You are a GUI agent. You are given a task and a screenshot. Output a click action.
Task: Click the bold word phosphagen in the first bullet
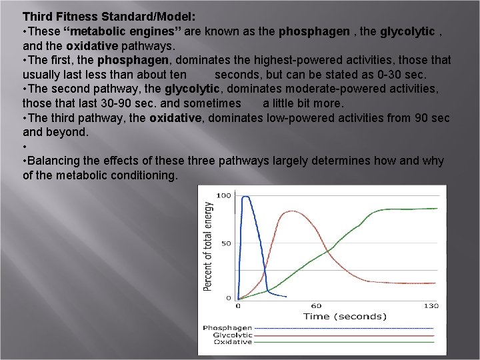point(313,31)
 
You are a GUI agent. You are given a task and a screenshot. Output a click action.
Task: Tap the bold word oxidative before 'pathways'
point(92,46)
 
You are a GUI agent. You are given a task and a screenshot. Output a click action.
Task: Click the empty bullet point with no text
point(25,147)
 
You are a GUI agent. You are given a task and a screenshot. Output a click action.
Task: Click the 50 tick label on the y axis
point(226,243)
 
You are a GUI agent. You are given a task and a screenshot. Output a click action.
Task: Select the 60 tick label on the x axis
point(316,306)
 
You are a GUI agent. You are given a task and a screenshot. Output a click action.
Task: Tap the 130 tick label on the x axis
point(431,306)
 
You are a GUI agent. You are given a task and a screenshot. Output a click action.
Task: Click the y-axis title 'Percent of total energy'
point(209,247)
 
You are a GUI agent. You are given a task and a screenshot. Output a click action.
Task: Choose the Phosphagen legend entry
point(227,328)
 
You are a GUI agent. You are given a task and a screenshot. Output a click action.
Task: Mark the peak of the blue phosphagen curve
point(246,197)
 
